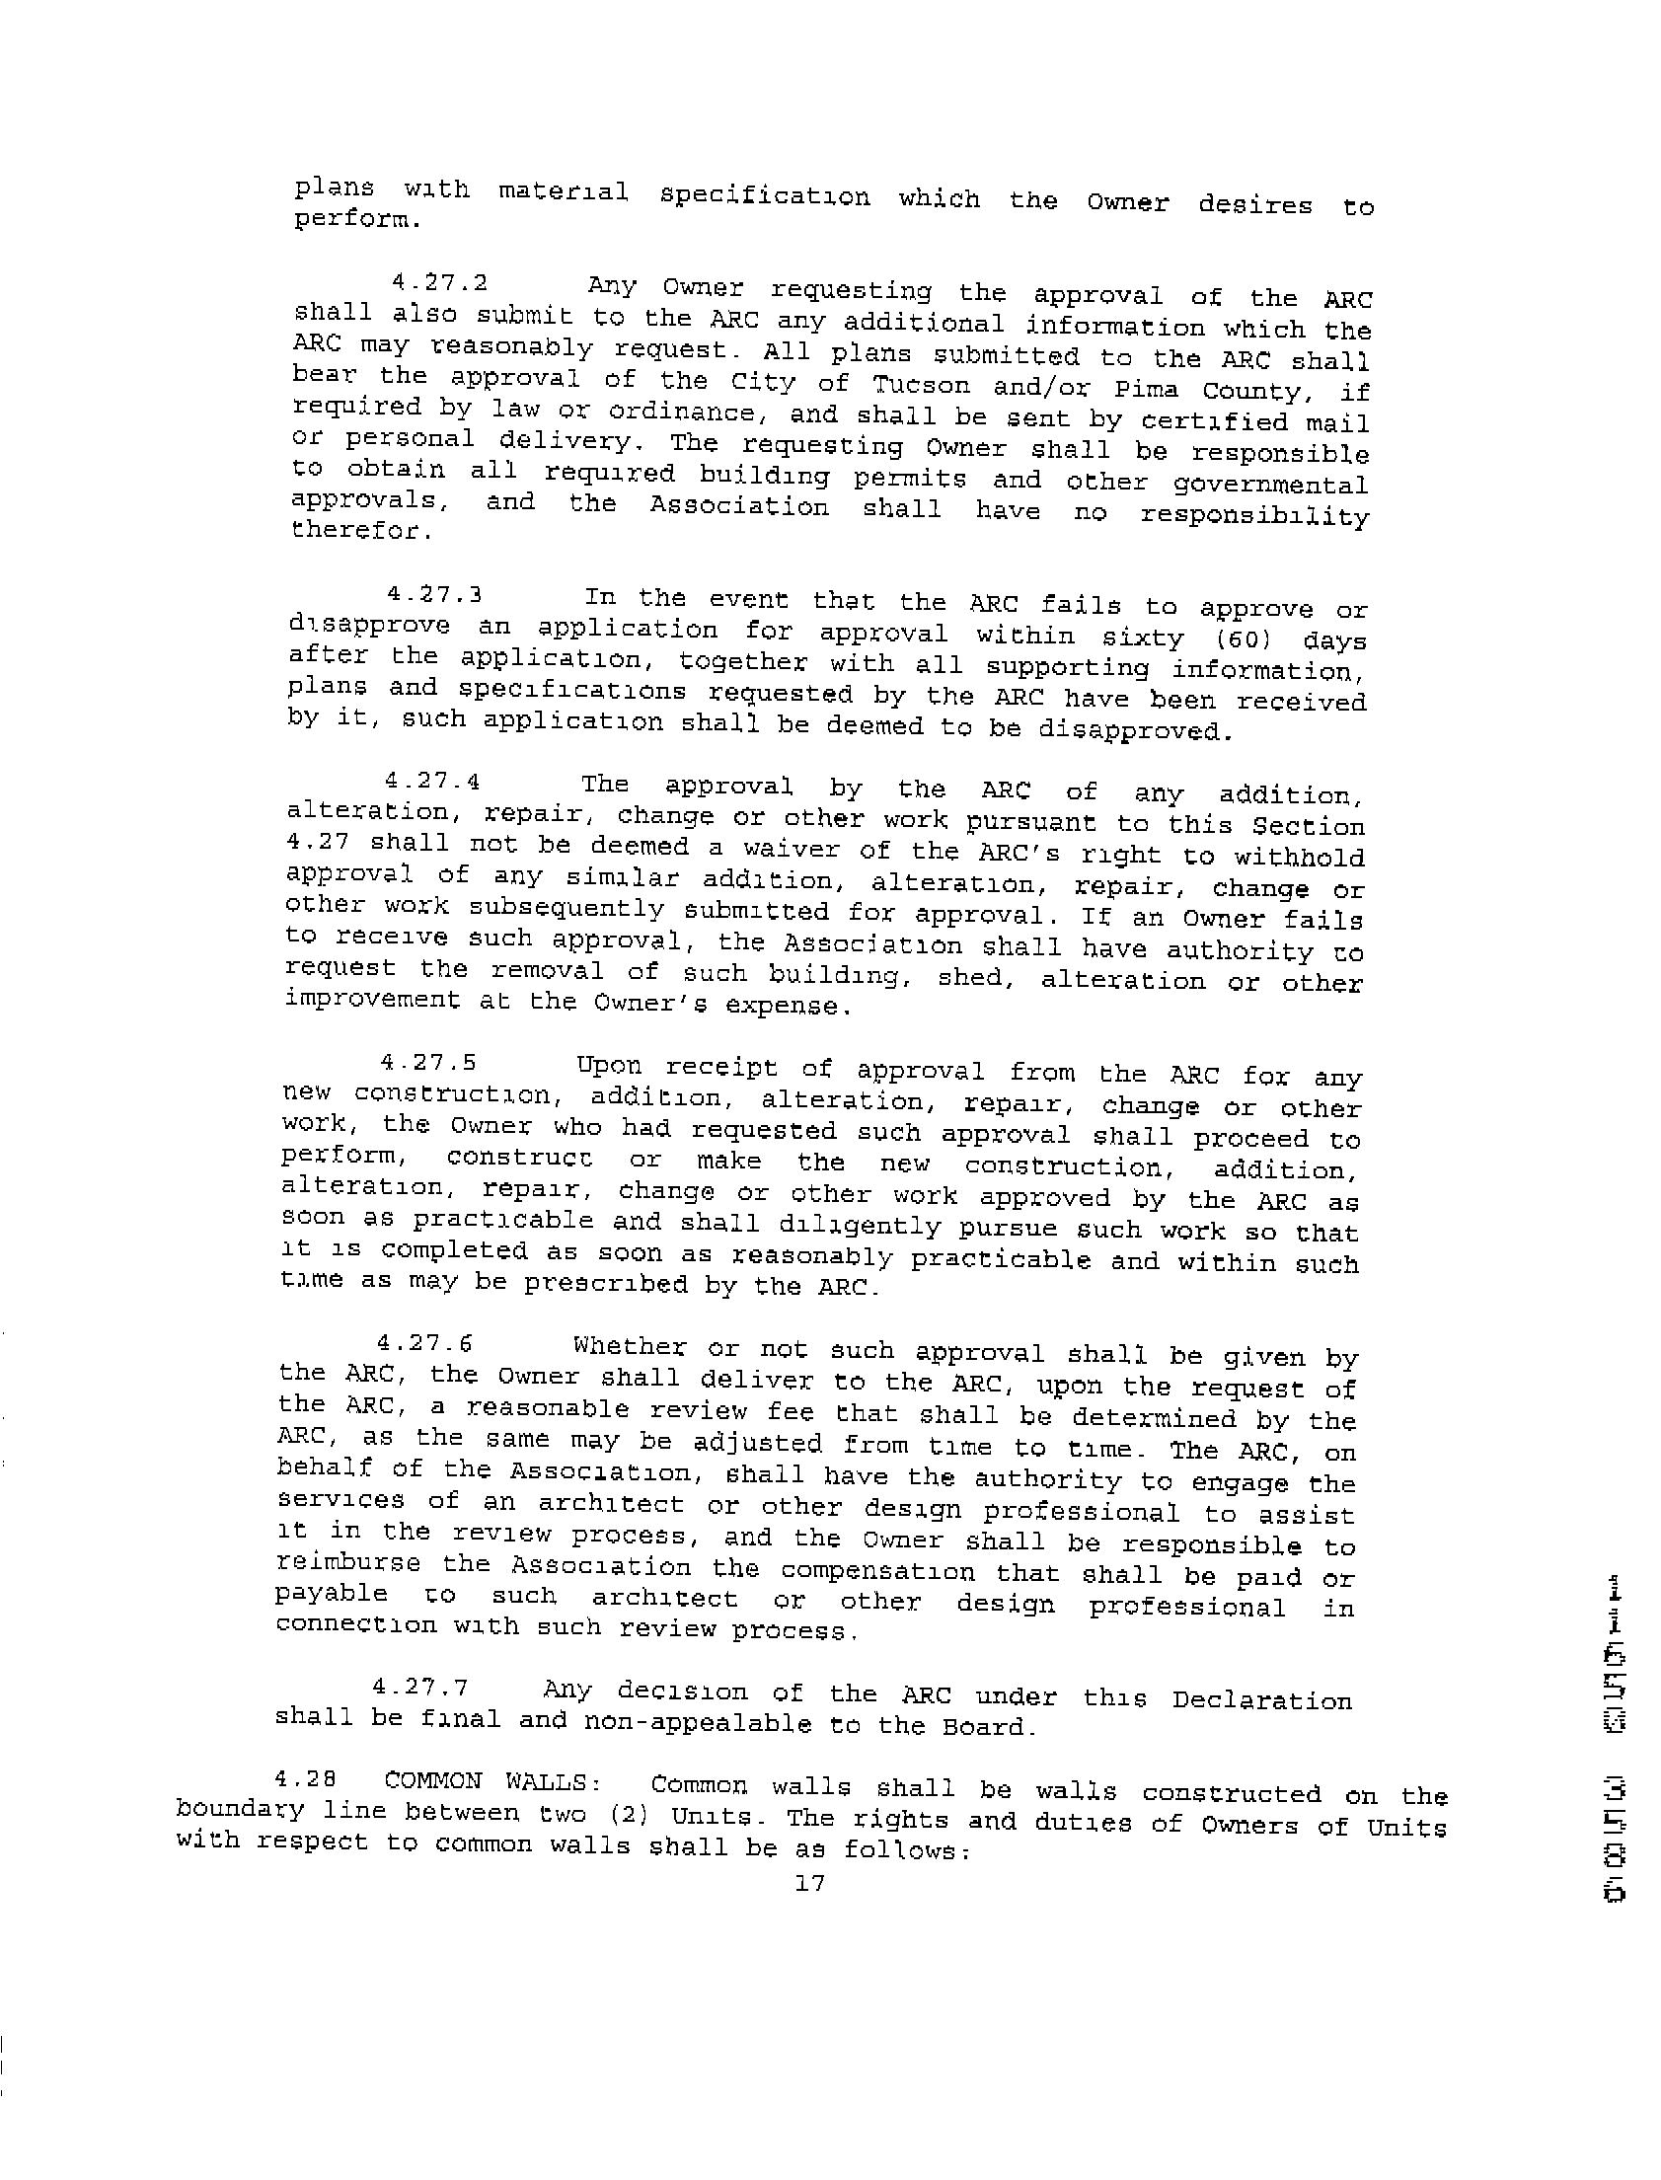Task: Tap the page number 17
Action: coord(808,1883)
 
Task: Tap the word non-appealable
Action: coord(700,1722)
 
